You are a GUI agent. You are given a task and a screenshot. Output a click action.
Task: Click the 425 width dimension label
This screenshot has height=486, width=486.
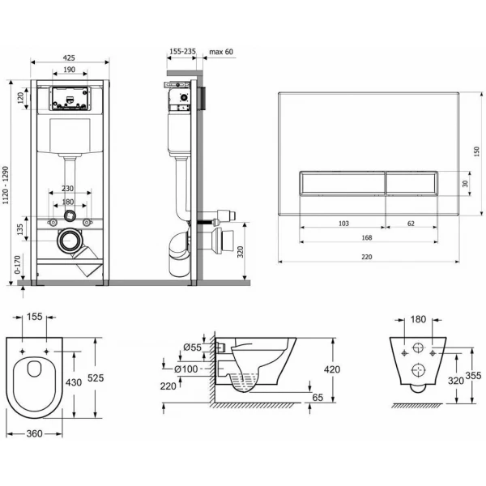(x=69, y=58)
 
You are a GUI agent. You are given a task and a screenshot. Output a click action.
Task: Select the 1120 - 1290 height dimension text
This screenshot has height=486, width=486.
(x=6, y=185)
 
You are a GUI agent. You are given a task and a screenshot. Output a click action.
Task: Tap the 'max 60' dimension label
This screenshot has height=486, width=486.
(x=221, y=52)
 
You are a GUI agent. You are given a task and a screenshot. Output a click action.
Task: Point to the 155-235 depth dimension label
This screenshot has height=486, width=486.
(x=183, y=51)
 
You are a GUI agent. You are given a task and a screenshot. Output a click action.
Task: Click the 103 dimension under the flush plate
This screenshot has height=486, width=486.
(x=343, y=224)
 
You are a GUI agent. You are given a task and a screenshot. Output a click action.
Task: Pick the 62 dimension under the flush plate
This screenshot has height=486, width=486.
(x=411, y=224)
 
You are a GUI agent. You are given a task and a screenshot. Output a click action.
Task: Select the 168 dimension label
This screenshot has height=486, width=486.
(x=367, y=237)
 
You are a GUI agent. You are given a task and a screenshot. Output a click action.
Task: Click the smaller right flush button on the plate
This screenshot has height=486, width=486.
(x=411, y=183)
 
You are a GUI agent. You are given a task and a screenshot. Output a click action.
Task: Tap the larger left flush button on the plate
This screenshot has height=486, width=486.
(x=343, y=183)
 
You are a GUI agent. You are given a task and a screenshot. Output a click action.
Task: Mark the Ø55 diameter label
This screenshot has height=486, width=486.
(x=192, y=347)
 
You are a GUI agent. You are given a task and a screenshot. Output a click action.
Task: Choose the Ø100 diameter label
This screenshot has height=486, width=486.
(x=185, y=369)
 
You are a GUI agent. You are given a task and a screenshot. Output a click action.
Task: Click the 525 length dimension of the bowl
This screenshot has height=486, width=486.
(x=96, y=377)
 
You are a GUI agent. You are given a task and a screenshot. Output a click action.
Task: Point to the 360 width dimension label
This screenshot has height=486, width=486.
(x=34, y=433)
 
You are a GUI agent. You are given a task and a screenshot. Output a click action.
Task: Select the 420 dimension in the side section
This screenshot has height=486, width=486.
(x=332, y=369)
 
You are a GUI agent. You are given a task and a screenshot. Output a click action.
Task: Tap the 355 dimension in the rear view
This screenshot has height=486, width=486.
(x=474, y=375)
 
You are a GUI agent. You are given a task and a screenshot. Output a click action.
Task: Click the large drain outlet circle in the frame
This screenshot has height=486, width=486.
(x=70, y=241)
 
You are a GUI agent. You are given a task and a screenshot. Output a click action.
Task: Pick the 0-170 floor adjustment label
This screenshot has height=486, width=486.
(x=17, y=264)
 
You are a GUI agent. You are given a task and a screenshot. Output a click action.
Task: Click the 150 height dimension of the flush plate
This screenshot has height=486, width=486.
(x=477, y=151)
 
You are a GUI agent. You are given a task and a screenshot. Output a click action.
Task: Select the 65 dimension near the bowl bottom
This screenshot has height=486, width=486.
(x=318, y=397)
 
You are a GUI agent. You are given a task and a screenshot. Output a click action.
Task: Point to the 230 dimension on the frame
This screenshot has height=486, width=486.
(x=67, y=188)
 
